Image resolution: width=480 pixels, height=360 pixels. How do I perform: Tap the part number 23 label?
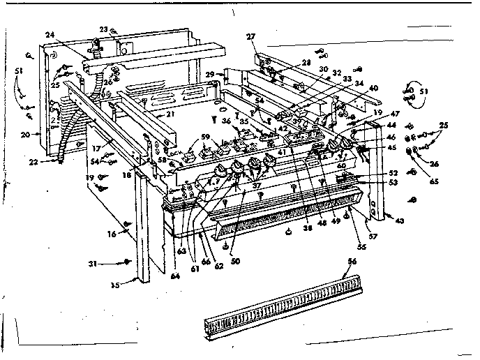[103, 29]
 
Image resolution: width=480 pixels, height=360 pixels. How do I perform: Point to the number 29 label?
[210, 74]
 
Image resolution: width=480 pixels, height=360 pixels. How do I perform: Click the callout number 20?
[26, 134]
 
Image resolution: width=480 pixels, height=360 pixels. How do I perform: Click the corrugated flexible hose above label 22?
[68, 140]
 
